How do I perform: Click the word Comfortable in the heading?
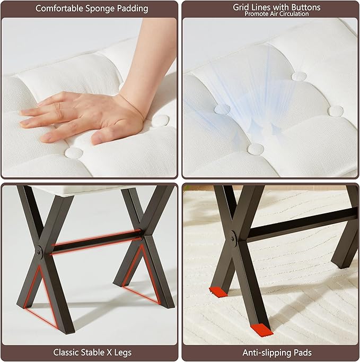click(59, 8)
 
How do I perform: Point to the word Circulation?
click(293, 14)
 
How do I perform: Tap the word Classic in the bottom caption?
click(65, 352)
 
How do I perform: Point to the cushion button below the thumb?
click(74, 153)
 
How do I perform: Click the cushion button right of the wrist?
click(161, 120)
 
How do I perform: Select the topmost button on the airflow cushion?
click(299, 76)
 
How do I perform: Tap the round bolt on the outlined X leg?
click(38, 252)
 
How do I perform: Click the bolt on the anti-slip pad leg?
click(232, 239)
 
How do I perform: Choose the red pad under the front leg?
click(262, 330)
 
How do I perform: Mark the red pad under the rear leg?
click(218, 292)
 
